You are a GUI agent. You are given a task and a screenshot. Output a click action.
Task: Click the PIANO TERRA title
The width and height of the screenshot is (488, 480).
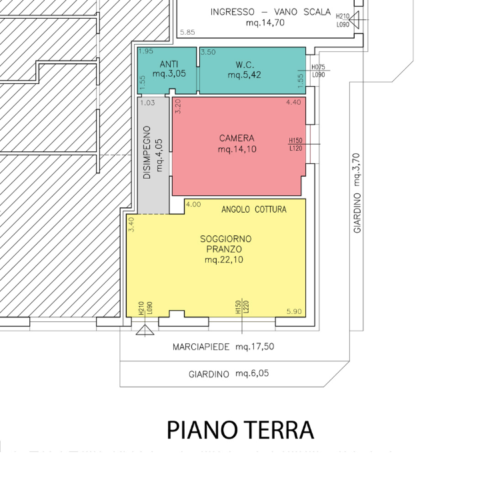coord(240,430)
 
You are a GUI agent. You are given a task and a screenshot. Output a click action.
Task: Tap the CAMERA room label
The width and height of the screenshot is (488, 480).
coord(237,138)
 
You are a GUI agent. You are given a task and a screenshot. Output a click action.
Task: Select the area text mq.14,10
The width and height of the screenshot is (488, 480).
coord(237,149)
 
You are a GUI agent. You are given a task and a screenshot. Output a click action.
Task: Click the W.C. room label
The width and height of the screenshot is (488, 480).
coord(245,65)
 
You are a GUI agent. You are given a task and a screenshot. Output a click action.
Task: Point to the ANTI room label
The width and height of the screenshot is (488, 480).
coord(169,64)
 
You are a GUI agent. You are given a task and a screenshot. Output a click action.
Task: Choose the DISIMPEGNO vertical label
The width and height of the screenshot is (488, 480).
coord(147,152)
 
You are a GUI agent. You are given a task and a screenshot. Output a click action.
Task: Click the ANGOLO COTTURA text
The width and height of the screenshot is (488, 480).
coord(254,209)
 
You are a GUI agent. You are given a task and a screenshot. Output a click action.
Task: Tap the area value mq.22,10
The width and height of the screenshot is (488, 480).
coord(224,259)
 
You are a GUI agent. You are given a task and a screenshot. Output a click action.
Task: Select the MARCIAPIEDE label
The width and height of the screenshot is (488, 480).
coord(201,347)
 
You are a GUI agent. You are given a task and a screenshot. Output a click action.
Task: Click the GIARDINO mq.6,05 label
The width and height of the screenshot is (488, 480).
coord(229,373)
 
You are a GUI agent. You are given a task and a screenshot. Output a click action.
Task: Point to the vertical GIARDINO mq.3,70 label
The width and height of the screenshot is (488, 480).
coord(357,193)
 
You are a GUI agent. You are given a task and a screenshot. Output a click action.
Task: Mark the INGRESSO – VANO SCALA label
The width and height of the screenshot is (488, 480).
coord(271,12)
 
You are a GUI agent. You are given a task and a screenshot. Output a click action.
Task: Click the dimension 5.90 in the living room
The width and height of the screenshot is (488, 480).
coord(294,311)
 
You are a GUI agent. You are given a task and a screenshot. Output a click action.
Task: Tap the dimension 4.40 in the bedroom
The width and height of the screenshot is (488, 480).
coord(293,102)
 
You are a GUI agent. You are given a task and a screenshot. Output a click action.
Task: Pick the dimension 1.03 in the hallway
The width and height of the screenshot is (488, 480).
coord(147,103)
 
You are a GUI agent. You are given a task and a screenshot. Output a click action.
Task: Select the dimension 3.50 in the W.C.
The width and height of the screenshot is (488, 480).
coord(208,52)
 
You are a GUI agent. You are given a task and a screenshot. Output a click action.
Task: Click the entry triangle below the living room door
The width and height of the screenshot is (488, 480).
coord(145,330)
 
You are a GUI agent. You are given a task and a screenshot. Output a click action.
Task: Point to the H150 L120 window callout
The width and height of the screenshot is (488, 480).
coord(295,145)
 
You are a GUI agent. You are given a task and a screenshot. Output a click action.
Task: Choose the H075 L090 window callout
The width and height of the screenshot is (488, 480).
coord(318,71)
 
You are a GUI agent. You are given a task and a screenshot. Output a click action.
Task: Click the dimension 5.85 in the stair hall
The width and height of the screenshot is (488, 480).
coord(187,32)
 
